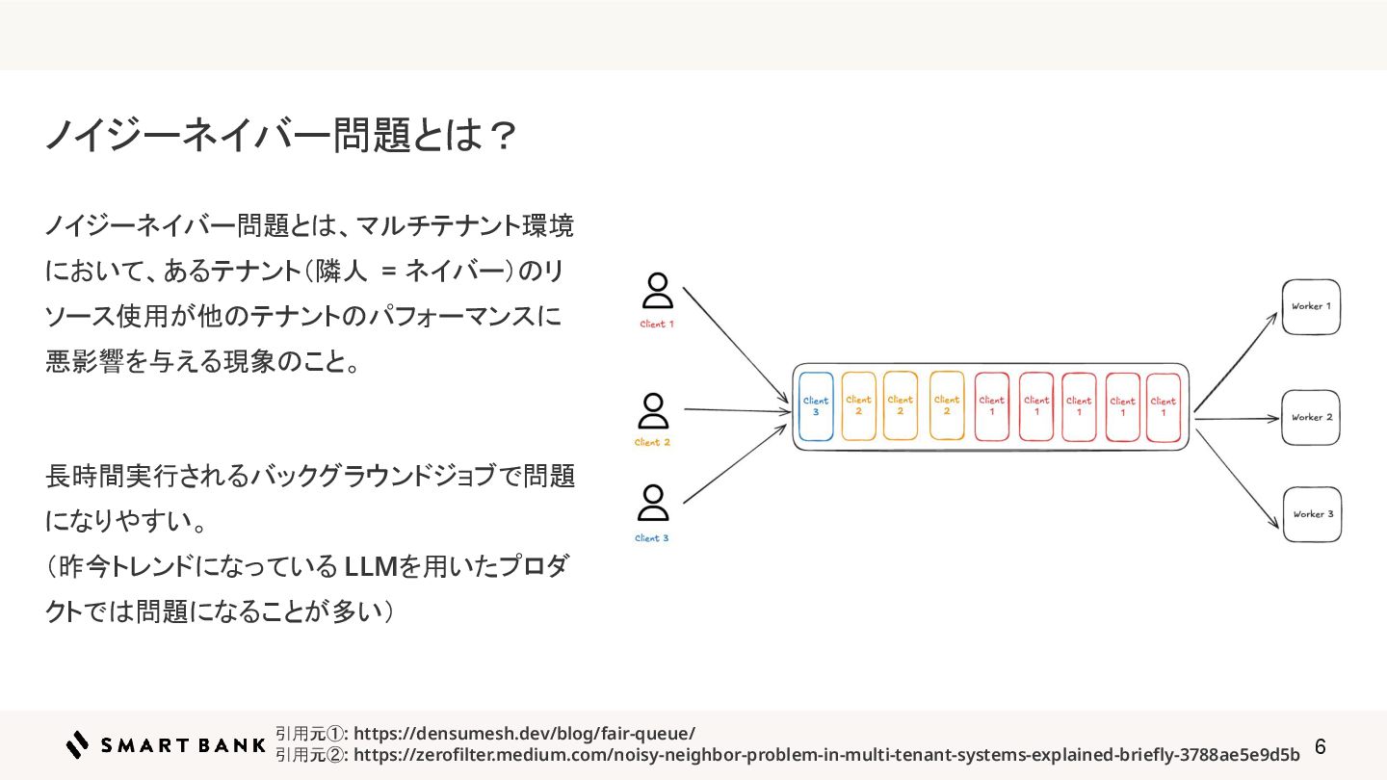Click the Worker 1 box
(1311, 307)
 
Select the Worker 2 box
(1311, 418)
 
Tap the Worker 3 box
(1312, 514)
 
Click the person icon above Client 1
(657, 292)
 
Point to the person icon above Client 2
(653, 411)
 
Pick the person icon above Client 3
(652, 505)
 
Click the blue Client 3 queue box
(816, 406)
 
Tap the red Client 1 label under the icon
(657, 325)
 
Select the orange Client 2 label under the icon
(652, 443)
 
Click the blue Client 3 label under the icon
(651, 538)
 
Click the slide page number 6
(1321, 747)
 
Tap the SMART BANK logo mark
(77, 744)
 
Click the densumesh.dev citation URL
(524, 733)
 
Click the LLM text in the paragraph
(371, 567)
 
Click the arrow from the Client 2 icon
(737, 411)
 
